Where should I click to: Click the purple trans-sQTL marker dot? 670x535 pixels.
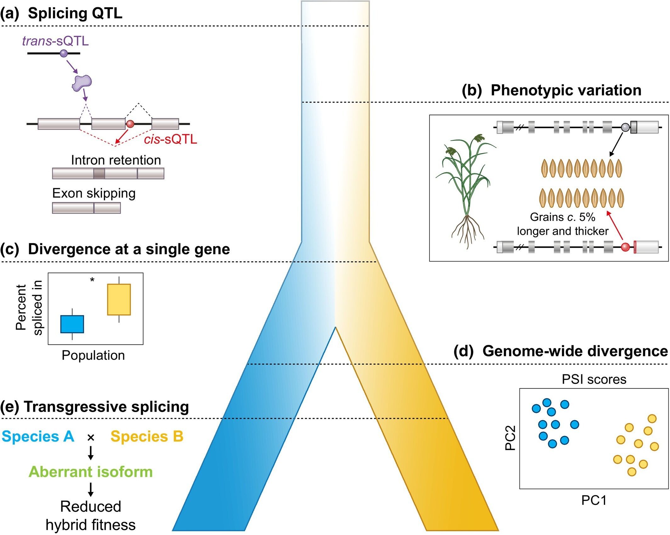(x=64, y=53)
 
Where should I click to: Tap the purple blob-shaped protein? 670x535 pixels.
(x=82, y=83)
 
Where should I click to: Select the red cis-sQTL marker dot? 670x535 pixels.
(x=130, y=124)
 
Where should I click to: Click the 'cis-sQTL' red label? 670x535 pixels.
(x=170, y=139)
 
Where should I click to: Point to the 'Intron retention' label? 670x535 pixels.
(x=116, y=160)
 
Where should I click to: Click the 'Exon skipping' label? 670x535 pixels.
(x=94, y=193)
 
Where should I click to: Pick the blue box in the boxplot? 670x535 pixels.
(x=72, y=324)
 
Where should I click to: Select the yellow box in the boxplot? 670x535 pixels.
(x=119, y=299)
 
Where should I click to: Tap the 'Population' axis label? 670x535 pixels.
(x=93, y=355)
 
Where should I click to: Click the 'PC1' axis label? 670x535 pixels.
(x=594, y=500)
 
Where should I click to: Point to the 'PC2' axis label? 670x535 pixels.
(x=510, y=438)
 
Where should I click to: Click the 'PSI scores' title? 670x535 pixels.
(x=594, y=380)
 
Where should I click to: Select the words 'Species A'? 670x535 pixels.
(x=38, y=436)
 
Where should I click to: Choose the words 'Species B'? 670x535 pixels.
(x=147, y=436)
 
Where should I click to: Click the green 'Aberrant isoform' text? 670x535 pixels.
(x=91, y=472)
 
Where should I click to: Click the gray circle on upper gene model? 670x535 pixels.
(x=625, y=127)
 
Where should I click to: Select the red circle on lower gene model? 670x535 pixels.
(x=625, y=247)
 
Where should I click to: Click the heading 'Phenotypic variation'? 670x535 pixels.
(x=566, y=91)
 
